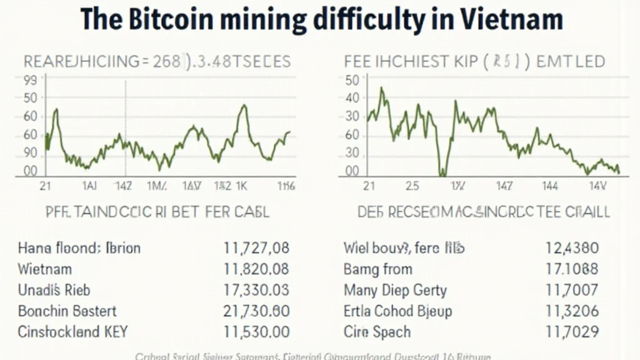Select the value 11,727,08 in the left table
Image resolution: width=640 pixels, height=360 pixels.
point(256,247)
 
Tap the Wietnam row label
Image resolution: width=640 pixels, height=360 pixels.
point(45,269)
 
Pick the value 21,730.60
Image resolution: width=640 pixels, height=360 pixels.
point(256,311)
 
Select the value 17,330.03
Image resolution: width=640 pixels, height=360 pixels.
point(256,290)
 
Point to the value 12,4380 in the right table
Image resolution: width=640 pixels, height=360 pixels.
point(571,247)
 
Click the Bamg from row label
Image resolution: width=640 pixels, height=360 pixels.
point(378,269)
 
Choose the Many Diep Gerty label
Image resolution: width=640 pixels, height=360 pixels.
point(396,290)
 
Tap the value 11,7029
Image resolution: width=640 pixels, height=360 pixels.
point(571,332)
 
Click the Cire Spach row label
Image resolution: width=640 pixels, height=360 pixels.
point(377,332)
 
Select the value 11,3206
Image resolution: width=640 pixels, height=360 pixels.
point(571,311)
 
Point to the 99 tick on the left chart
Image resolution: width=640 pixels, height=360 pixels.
point(29,80)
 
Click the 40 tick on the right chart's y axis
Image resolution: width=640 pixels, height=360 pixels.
point(352,97)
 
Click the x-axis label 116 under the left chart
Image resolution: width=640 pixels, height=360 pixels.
point(287,186)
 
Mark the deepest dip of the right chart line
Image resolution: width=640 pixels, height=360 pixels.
point(442,172)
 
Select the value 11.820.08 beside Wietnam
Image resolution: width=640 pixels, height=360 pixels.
point(256,269)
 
